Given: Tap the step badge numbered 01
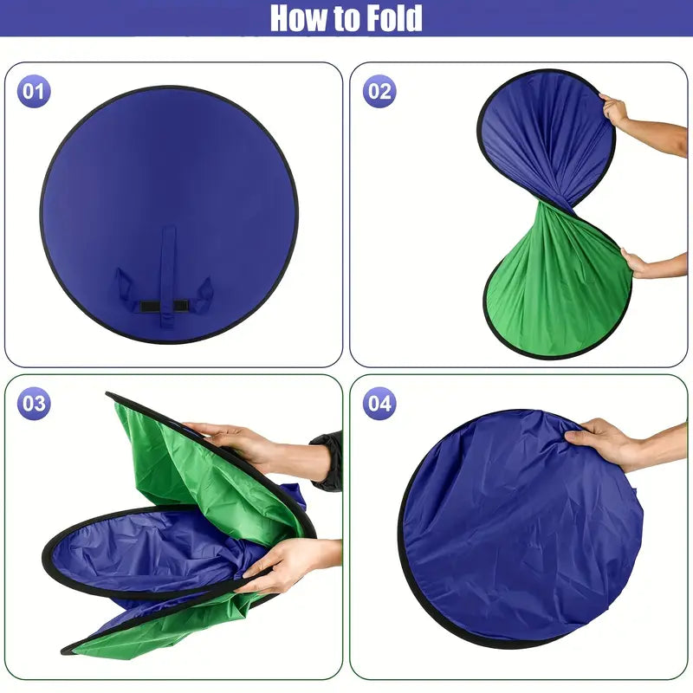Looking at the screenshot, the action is [x=34, y=92].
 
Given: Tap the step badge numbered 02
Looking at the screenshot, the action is [x=379, y=92].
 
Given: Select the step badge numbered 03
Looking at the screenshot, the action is [x=34, y=404].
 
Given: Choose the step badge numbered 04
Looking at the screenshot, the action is [x=379, y=404].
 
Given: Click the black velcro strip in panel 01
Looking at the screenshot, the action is [x=163, y=306].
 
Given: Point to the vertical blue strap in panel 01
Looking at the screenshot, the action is [x=168, y=276].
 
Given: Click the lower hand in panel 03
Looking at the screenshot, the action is [x=288, y=566].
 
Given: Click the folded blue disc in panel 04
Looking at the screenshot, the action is [x=521, y=528].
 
